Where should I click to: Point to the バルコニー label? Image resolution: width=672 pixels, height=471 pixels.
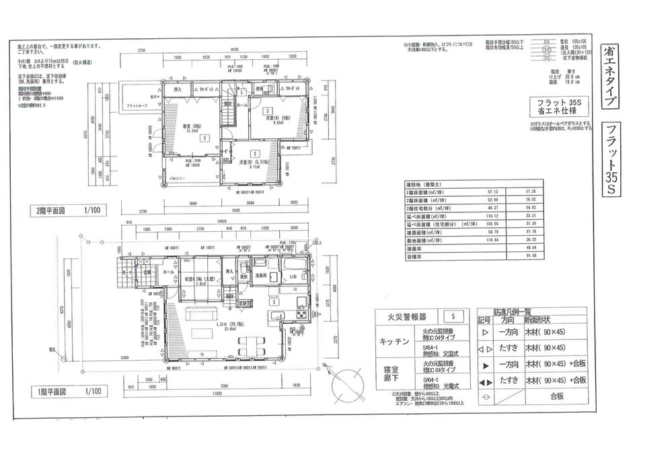tap(177, 179)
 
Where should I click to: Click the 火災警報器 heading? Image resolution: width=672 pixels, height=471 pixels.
tap(408, 315)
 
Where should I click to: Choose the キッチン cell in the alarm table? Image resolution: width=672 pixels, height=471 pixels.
tap(395, 341)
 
